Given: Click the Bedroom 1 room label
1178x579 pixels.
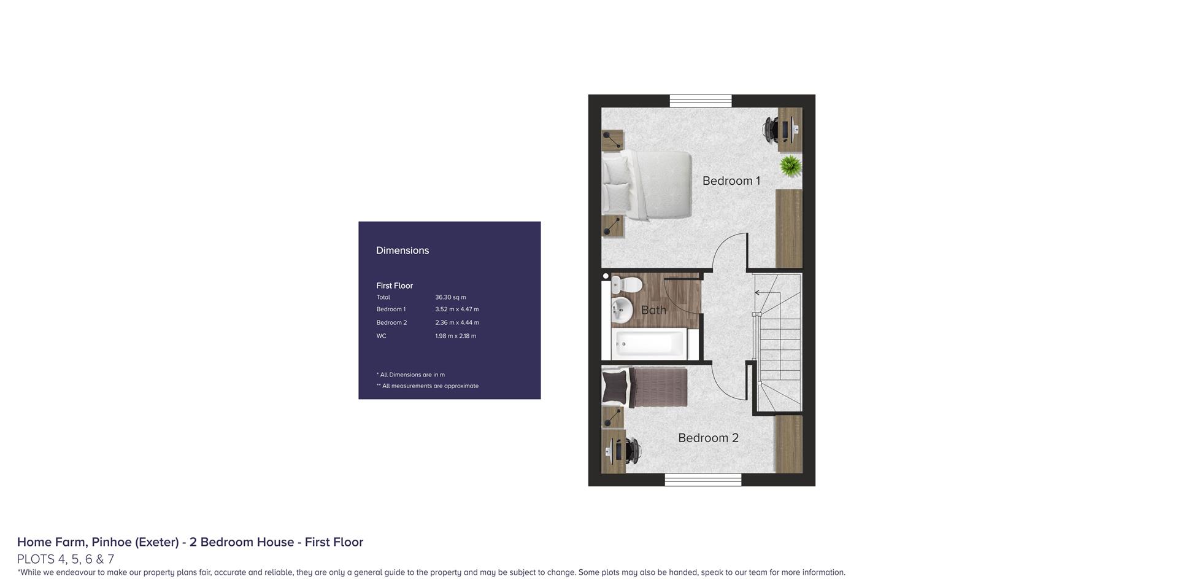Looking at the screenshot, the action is (731, 181).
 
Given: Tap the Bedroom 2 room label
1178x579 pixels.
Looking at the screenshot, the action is (708, 438).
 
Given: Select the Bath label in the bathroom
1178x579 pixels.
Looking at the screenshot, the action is (653, 310).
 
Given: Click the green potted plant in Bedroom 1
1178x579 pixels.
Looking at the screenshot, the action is (790, 166).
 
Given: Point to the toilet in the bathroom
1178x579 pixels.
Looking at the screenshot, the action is (626, 284).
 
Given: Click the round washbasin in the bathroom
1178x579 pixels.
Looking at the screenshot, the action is (622, 309).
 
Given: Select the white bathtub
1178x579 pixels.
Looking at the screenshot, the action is (649, 344).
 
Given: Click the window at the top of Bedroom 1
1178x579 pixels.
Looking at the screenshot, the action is (701, 101).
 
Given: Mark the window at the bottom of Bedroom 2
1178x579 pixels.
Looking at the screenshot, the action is (703, 480).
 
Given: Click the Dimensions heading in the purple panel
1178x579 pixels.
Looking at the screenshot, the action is (402, 251).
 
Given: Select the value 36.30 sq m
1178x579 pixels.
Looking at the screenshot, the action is (450, 297).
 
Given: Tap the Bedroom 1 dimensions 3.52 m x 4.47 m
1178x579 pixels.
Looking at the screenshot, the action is (457, 309).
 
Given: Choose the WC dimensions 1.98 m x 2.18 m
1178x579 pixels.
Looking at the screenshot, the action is (456, 336).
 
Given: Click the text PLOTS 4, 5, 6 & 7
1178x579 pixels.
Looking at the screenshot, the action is (66, 559).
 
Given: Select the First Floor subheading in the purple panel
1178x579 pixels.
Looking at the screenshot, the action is (395, 286).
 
